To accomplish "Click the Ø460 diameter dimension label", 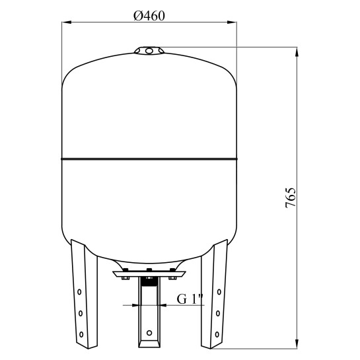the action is [x=149, y=16].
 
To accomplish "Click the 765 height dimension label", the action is [x=291, y=198].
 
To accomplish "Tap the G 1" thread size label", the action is [x=190, y=299].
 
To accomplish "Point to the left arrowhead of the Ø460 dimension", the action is [x=67, y=22].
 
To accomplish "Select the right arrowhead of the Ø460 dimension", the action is [x=232, y=22].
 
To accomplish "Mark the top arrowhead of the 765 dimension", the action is [x=297, y=52].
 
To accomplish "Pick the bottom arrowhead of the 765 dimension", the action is [x=297, y=344].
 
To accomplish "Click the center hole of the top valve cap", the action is [x=149, y=50].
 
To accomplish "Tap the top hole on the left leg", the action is [x=79, y=292].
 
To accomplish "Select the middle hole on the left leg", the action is [x=81, y=313].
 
